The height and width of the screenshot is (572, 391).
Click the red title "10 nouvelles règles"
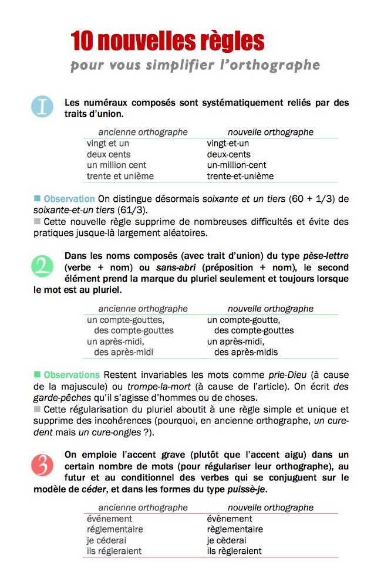[167, 41]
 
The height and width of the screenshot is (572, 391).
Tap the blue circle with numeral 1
[42, 107]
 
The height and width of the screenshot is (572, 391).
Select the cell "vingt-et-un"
[228, 143]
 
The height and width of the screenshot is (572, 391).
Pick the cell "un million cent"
[116, 165]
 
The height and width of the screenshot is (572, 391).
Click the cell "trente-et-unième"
[240, 176]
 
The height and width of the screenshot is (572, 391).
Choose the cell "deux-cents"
[228, 154]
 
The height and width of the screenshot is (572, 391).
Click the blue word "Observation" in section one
[69, 199]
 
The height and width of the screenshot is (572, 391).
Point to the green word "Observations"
[72, 374]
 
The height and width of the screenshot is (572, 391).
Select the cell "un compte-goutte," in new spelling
[243, 320]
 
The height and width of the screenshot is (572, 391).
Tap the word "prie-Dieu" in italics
[284, 374]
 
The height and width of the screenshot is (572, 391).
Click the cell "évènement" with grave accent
[230, 519]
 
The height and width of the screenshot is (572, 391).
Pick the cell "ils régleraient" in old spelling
[114, 551]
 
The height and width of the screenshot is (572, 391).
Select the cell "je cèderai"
[227, 540]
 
